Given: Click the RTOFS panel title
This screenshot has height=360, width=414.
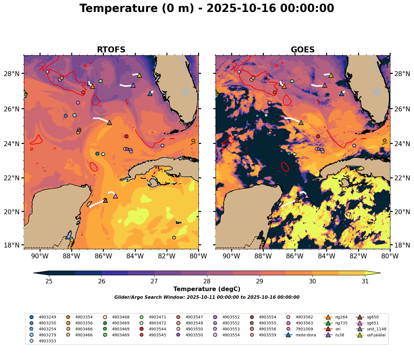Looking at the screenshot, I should pyautogui.click(x=111, y=50).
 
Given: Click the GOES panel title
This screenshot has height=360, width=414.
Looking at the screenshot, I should pyautogui.click(x=303, y=50).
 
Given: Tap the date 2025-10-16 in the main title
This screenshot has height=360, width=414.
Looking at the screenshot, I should pyautogui.click(x=241, y=8).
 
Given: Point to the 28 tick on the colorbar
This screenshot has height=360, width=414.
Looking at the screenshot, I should pyautogui.click(x=207, y=281).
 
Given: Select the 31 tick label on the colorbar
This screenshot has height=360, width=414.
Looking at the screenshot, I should pyautogui.click(x=365, y=281).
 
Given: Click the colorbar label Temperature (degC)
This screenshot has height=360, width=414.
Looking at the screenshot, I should pyautogui.click(x=207, y=289).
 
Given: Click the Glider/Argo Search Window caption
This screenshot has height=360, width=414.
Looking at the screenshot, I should pyautogui.click(x=207, y=297).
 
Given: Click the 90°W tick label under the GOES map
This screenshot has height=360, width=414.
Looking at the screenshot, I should pyautogui.click(x=231, y=256).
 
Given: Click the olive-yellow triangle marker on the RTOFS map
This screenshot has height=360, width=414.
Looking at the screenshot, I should pyautogui.click(x=139, y=75).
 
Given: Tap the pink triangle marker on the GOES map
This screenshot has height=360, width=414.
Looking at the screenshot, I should pyautogui.click(x=307, y=196).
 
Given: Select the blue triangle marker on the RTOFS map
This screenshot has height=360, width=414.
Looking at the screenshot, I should pyautogui.click(x=150, y=93).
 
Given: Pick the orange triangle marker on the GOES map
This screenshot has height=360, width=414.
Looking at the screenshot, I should pyautogui.click(x=284, y=86).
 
